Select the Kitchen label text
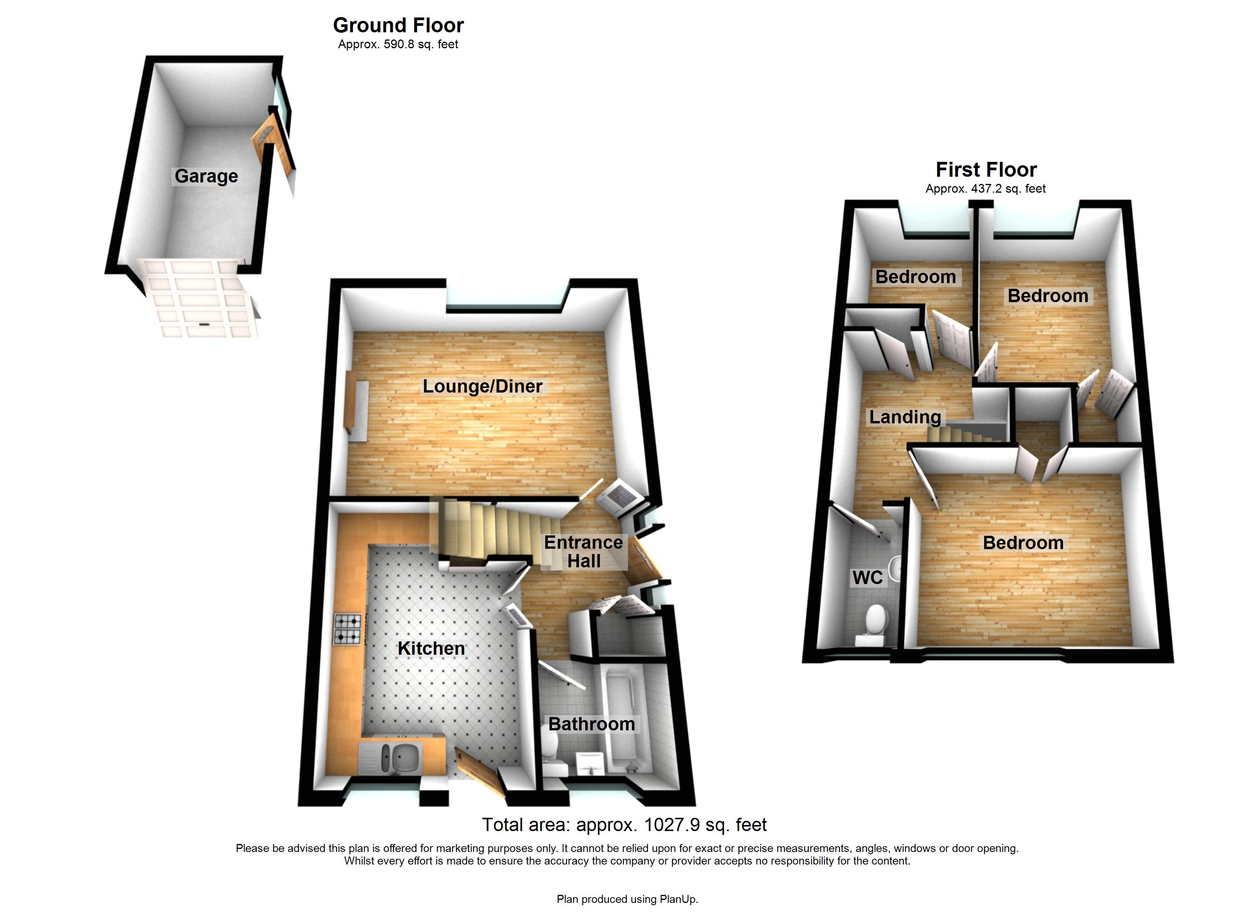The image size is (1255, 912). point(431,648)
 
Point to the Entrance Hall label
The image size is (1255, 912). point(583,551)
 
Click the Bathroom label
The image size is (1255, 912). point(591,724)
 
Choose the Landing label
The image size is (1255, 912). point(905,417)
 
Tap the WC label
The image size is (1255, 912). point(867,577)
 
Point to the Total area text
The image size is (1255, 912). point(624,825)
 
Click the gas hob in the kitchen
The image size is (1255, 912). point(348,629)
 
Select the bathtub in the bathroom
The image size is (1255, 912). point(622,719)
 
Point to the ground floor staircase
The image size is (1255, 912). point(487,528)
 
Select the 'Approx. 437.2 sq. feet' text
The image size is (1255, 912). point(985,188)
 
